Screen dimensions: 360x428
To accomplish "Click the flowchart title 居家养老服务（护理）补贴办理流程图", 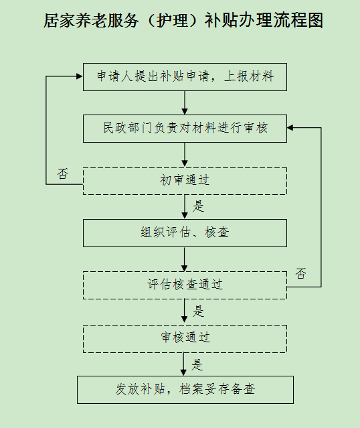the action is pos(183,20).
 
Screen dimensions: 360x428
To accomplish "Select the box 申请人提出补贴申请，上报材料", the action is pos(185,77).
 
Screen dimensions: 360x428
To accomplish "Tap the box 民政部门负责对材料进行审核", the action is pos(185,129).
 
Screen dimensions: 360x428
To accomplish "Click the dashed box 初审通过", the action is pos(185,181).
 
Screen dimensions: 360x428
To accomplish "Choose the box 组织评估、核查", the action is pos(185,233).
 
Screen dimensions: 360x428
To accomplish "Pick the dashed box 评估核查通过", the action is pos(185,285).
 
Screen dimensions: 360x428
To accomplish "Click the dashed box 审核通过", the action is pos(185,339).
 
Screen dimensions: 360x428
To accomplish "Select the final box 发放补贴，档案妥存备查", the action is pos(185,390).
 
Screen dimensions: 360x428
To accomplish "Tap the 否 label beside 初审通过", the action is pos(62,173).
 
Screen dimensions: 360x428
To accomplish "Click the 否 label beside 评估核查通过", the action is pos(301,273).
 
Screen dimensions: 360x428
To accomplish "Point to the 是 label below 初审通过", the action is pos(198,206).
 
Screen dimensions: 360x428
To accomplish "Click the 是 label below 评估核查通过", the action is pos(198,311).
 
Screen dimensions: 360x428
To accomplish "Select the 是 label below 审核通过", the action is pos(197,364).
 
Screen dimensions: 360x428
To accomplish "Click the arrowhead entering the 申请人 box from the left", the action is pos(80,76).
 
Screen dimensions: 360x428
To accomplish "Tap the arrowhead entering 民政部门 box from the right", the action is pos(290,127).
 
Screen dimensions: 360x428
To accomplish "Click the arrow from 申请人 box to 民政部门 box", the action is pos(185,102).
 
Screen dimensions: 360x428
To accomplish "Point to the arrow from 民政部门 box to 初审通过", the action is pos(185,155).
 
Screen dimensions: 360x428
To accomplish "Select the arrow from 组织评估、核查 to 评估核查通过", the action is pos(185,259).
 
